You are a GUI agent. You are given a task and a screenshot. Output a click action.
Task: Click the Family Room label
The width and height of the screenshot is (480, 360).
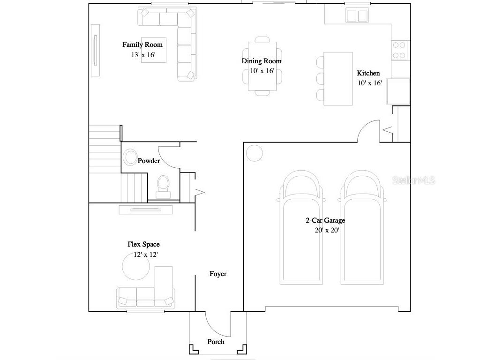[x=142, y=45]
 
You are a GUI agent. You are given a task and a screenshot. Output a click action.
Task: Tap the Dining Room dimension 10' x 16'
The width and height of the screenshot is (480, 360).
[x=262, y=71]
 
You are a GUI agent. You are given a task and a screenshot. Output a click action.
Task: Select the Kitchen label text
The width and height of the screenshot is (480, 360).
[x=368, y=73]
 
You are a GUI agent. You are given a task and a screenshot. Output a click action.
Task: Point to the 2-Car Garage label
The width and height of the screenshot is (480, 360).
[x=325, y=220]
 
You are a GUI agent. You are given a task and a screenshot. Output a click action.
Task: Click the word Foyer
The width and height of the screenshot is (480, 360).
[x=218, y=274]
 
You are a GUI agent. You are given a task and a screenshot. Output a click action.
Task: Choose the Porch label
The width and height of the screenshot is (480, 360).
[x=216, y=342]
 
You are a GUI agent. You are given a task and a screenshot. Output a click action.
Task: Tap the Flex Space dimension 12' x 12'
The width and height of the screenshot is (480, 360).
[x=145, y=255]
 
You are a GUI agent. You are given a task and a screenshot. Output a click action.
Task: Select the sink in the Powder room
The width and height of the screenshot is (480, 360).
[x=130, y=157]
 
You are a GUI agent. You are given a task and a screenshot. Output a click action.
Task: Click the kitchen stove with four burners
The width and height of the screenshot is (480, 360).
[x=399, y=50]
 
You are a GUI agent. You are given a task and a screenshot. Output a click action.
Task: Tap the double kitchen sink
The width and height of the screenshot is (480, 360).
[x=357, y=16]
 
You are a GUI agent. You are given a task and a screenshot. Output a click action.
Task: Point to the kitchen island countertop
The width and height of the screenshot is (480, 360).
[x=338, y=78]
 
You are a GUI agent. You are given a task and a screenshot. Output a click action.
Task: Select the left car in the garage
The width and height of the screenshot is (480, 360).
[x=300, y=227]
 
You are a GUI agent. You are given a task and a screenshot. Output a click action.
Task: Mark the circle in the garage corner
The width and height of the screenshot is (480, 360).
[x=255, y=153]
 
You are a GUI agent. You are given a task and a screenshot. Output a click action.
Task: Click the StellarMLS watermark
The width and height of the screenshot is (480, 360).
[x=413, y=180]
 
